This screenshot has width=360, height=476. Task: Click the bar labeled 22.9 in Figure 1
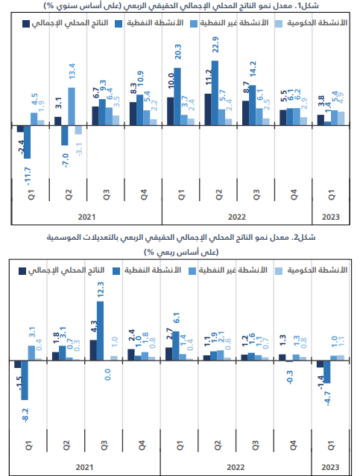point(215,93)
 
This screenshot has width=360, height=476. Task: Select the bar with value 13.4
point(72,107)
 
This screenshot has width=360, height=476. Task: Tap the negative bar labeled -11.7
point(27,142)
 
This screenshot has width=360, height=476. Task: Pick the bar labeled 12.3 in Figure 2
point(100,331)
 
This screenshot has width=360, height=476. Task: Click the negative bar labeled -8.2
point(25,381)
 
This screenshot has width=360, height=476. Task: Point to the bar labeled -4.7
point(327,372)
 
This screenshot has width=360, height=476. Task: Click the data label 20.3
point(177,51)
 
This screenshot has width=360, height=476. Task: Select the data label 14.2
point(253,69)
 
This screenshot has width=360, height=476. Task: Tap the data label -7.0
point(66,161)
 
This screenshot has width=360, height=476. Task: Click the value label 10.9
point(140,79)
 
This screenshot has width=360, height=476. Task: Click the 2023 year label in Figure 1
point(330,217)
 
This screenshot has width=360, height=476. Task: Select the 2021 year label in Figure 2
point(84,467)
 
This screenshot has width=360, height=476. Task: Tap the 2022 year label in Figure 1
point(237,217)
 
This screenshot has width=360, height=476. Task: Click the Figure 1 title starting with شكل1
point(181,6)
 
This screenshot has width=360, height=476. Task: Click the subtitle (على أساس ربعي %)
point(181,252)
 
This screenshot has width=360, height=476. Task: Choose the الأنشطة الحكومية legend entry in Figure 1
point(311,23)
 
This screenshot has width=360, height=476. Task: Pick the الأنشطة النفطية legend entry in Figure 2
point(147,270)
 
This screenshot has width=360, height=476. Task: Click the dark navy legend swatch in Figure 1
point(26,24)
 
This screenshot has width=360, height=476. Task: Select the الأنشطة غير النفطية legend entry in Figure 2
point(228,270)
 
